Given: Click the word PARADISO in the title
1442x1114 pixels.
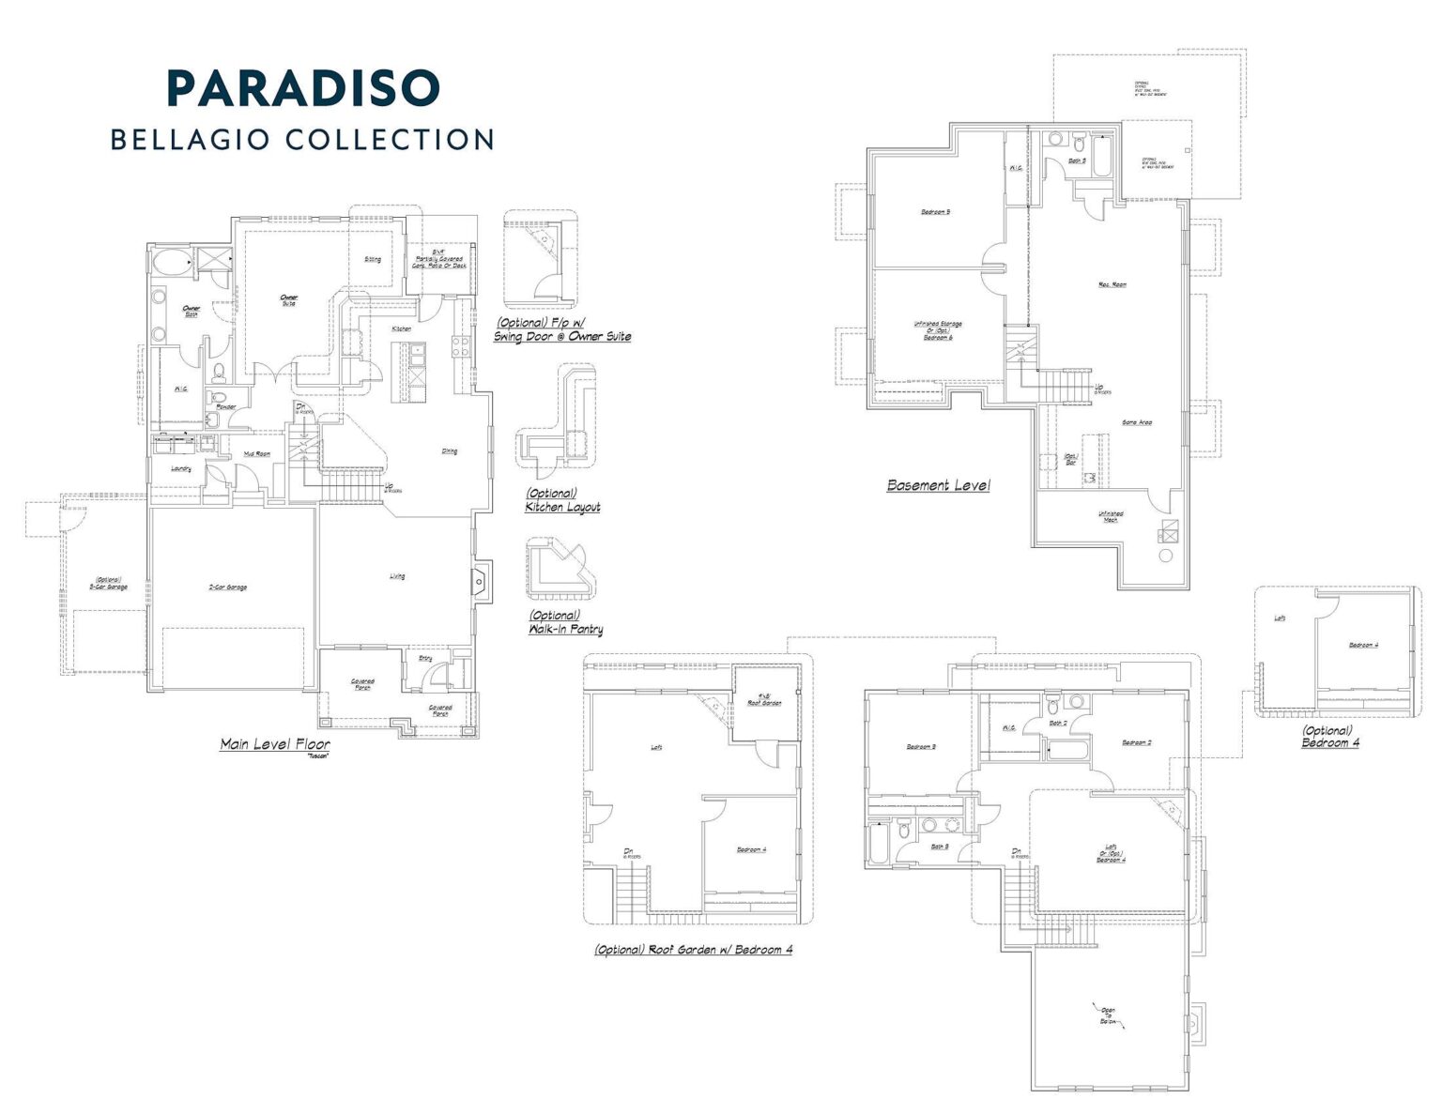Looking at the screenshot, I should point(303,88).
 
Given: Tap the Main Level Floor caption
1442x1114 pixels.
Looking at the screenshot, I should point(275,744).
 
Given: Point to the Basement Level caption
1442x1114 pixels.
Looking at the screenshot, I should point(938,485).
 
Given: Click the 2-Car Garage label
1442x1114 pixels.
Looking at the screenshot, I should point(227,588).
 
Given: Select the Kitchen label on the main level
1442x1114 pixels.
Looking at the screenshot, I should point(401,329).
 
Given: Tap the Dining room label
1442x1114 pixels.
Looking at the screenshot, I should point(450,451).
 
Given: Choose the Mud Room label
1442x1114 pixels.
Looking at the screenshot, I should point(257,453).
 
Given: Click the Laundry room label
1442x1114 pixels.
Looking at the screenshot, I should point(181,468).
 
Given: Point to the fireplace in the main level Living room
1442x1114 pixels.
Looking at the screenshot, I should point(481,582).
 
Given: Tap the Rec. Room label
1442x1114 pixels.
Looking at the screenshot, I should point(1112,284).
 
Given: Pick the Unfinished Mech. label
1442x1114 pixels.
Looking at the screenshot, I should point(1111,516).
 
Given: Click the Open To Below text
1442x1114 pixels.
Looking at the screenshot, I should point(1108,1015).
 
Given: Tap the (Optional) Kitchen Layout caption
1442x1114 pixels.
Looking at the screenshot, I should point(562,500).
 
